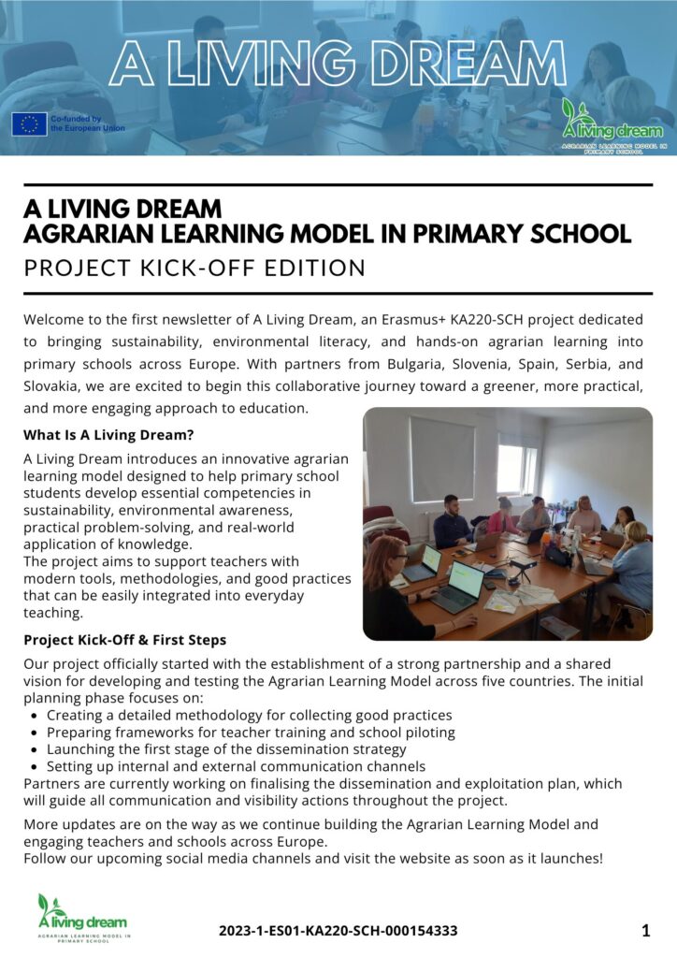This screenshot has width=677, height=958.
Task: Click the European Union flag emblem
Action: pyautogui.click(x=29, y=123)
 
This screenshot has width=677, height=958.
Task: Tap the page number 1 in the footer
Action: pyautogui.click(x=645, y=930)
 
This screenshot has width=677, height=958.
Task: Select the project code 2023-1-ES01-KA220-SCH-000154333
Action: pyautogui.click(x=338, y=931)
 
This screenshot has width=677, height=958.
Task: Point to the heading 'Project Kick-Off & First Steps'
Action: pyautogui.click(x=124, y=640)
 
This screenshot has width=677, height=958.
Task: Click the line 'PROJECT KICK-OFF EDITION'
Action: pyautogui.click(x=194, y=269)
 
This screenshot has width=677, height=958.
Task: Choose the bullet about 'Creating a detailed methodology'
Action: pyautogui.click(x=249, y=715)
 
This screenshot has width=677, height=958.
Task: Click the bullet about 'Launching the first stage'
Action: pyautogui.click(x=226, y=748)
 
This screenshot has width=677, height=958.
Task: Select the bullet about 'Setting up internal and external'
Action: pyautogui.click(x=236, y=766)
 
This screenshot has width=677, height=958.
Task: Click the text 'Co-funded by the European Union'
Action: pyautogui.click(x=87, y=123)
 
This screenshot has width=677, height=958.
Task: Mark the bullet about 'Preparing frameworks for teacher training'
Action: pyautogui.click(x=251, y=732)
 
